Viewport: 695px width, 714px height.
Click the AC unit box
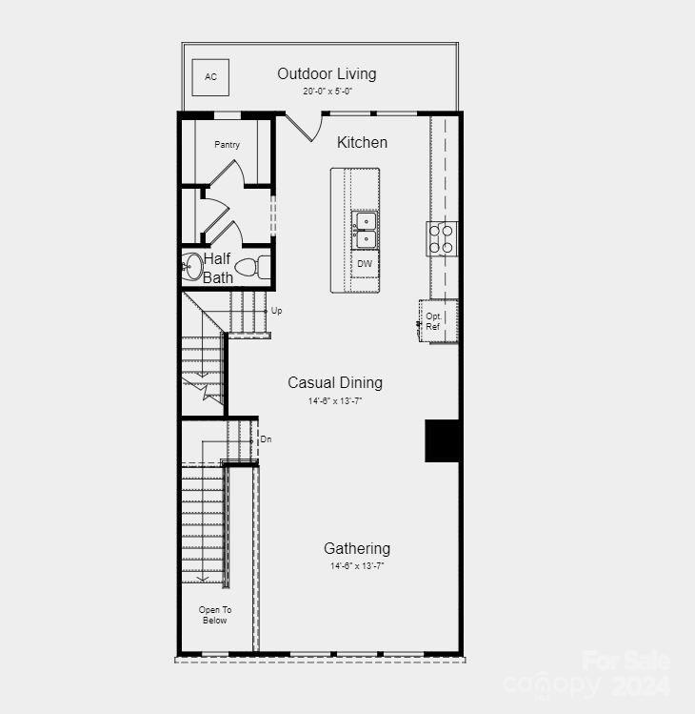pos(209,76)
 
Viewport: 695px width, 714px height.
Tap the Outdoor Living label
pos(327,73)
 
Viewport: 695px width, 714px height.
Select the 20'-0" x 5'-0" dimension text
pos(327,92)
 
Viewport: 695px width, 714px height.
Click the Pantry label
pos(227,145)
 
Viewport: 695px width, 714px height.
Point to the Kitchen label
pos(362,142)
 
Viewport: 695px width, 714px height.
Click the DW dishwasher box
pos(365,263)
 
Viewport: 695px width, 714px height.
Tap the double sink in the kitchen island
pos(365,231)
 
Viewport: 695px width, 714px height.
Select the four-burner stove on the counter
pos(442,237)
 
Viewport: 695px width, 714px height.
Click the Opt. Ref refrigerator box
pos(434,321)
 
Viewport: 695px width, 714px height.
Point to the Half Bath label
pos(217,268)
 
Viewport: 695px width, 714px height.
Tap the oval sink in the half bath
pos(192,267)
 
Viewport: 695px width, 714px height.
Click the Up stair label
pos(276,311)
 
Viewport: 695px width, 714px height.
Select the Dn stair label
pos(266,439)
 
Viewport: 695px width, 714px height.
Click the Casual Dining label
pos(335,382)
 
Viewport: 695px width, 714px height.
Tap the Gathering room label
pos(356,548)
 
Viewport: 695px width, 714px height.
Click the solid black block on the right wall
pos(442,440)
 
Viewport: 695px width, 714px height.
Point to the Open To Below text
pos(214,615)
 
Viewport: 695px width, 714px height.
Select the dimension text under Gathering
pos(356,566)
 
